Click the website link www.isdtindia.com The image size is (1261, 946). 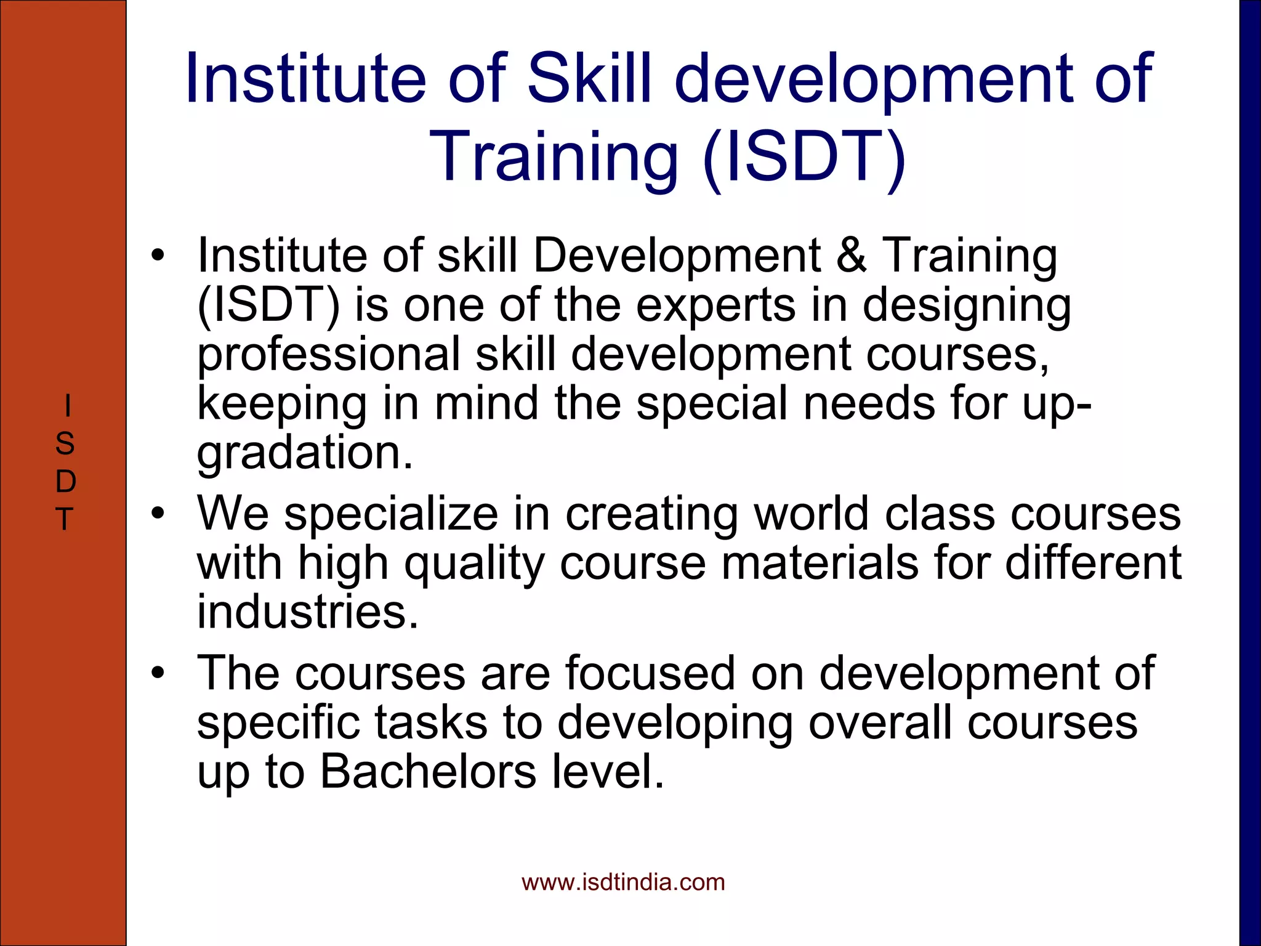[x=623, y=883]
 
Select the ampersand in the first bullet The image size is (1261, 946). [x=852, y=255]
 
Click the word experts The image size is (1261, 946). [x=715, y=305]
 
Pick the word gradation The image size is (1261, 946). [x=304, y=453]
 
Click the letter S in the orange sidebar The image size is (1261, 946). [x=65, y=443]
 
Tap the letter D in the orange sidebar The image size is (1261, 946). [x=65, y=481]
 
